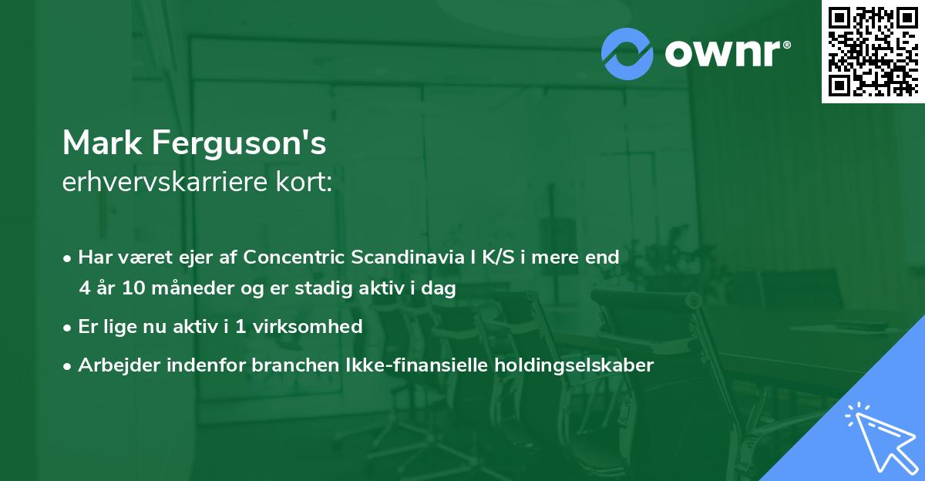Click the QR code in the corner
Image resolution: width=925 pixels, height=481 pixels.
coord(873,52)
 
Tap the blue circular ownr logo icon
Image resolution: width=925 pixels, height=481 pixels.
coord(627,54)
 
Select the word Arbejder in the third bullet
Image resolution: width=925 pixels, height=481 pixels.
coord(113,365)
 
